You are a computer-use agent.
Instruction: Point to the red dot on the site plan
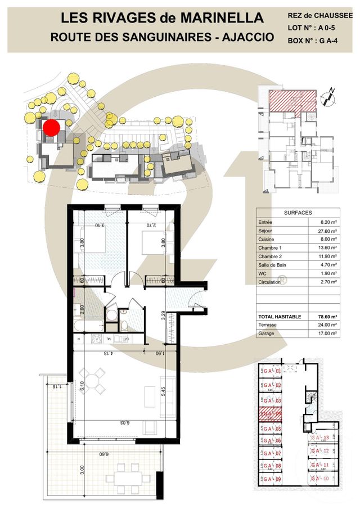coord(51,128)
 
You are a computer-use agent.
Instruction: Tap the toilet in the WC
coord(123,327)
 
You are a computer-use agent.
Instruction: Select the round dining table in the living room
coord(93,381)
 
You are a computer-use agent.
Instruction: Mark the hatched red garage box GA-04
coord(271,415)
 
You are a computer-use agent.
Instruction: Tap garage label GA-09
coord(272,479)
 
